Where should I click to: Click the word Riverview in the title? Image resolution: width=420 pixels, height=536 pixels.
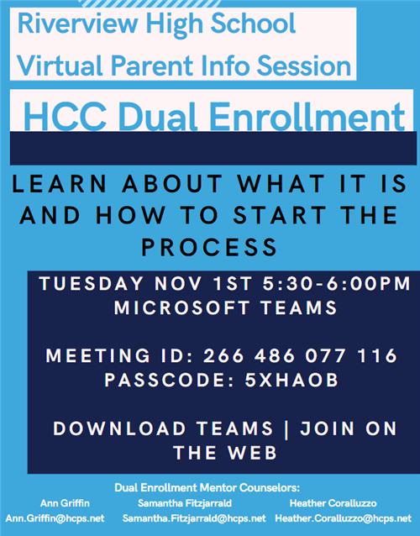coord(77,24)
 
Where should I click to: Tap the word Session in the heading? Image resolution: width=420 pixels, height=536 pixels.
coord(304,66)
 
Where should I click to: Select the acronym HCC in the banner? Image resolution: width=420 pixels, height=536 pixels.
coord(65,117)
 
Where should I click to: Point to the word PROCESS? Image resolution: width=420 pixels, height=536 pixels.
coord(209,247)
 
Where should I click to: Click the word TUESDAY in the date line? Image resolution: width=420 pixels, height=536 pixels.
coord(92,283)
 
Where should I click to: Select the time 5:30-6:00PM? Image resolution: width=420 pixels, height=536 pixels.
coord(337,283)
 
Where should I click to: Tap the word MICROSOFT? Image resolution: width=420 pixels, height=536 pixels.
coord(181,307)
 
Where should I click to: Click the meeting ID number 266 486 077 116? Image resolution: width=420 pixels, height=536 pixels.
coord(301,355)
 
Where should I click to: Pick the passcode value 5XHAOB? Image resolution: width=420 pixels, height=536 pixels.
coord(291,380)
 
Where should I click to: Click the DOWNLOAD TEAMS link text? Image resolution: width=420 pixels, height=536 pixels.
coord(163,428)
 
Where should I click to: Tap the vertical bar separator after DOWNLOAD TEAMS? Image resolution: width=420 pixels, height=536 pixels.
coord(286,429)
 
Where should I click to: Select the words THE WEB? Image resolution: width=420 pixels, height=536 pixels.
coord(225,453)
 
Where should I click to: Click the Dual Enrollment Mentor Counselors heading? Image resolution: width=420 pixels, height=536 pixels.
coord(207,487)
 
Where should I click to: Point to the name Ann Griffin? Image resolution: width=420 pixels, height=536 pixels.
coord(65,503)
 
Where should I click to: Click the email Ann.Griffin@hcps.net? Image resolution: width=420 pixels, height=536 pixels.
coord(55,518)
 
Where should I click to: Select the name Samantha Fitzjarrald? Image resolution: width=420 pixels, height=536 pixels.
coord(185,503)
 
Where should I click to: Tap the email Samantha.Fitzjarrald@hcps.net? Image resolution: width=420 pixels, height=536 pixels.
coord(194,518)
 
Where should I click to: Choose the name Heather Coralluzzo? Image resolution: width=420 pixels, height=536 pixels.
coord(333,503)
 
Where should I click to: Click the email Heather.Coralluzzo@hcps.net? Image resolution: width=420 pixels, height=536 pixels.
coord(344,518)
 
